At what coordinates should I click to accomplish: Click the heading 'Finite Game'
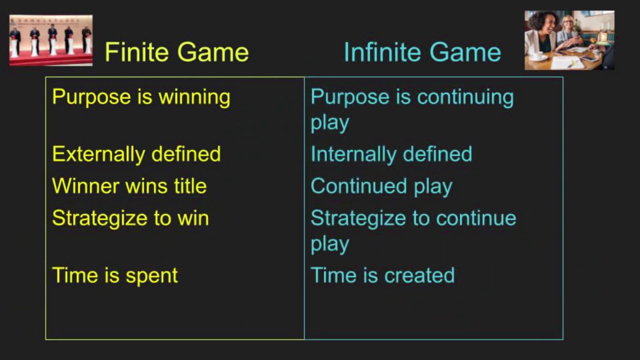176,52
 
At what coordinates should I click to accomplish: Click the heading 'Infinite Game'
422,52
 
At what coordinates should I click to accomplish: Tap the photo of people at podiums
51,40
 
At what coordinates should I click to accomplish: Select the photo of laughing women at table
569,40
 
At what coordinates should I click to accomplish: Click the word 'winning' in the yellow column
194,97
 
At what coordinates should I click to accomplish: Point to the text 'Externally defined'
136,154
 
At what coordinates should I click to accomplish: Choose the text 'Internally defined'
391,154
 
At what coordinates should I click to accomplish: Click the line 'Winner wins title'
129,186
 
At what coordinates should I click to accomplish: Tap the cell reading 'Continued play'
381,186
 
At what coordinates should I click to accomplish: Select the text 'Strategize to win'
130,218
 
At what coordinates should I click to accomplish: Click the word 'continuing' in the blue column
465,97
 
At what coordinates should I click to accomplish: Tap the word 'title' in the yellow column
190,186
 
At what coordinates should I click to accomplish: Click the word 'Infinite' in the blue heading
380,52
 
